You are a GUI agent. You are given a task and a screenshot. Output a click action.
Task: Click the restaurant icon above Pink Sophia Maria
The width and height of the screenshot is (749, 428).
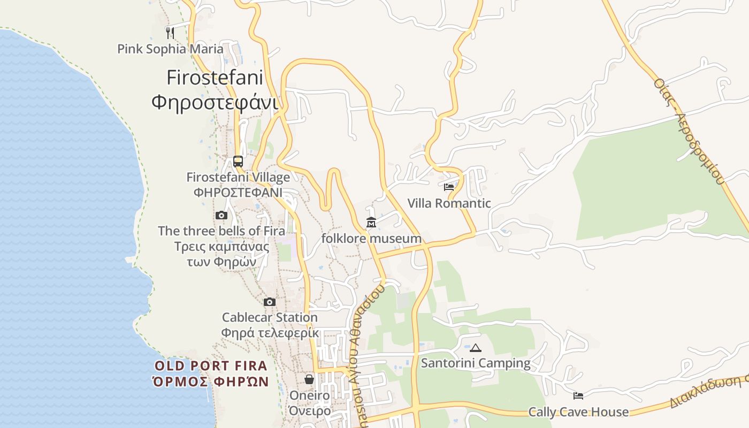(x=170, y=33)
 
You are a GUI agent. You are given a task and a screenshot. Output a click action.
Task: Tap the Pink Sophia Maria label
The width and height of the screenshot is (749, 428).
(x=170, y=49)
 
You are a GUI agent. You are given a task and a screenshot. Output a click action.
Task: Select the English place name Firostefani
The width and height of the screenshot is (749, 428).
(x=215, y=78)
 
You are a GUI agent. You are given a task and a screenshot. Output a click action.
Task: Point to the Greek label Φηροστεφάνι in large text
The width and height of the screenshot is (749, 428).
(x=215, y=102)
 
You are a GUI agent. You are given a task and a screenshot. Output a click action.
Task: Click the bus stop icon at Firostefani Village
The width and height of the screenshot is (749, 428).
(x=238, y=161)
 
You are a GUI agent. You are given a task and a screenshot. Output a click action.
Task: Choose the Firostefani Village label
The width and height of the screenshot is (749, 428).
(x=238, y=177)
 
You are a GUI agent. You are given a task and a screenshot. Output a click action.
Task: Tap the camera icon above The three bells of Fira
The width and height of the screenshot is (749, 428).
(x=221, y=215)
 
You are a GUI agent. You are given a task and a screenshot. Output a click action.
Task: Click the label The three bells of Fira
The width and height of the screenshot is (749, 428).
(x=217, y=231)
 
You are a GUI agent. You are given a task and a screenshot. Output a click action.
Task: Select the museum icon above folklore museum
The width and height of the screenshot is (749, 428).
(x=371, y=222)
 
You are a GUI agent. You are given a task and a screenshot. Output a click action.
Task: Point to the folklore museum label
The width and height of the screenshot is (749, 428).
(x=371, y=238)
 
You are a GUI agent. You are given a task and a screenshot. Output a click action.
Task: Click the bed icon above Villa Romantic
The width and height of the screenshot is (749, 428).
(x=449, y=187)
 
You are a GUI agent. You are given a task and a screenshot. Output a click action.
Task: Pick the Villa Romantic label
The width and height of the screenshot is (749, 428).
(x=449, y=203)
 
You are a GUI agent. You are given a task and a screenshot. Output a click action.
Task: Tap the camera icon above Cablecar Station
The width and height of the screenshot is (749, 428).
(x=270, y=302)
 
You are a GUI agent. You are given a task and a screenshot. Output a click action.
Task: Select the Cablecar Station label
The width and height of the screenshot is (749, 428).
(x=270, y=317)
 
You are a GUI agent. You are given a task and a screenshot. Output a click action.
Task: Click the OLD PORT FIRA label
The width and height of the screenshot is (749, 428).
(x=211, y=366)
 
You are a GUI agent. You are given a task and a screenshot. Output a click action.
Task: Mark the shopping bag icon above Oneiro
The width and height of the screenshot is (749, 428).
(x=309, y=379)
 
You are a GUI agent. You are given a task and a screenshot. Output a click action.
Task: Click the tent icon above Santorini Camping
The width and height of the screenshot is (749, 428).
(x=475, y=348)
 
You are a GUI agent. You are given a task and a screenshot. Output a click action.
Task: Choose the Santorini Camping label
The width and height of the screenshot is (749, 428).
(x=476, y=363)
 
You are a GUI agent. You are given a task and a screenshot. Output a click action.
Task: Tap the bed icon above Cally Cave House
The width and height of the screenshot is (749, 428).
(x=578, y=396)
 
